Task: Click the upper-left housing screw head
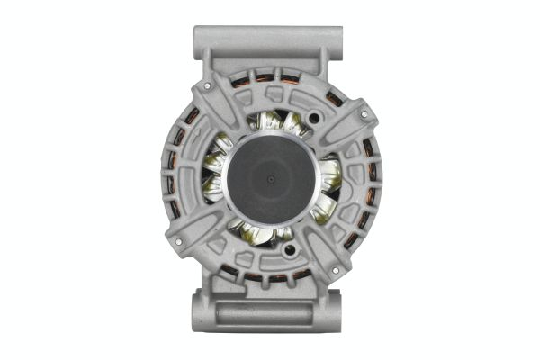[x=208, y=87]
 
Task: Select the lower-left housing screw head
[x=176, y=242]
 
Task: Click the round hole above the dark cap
[x=313, y=118]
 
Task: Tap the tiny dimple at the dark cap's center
[x=270, y=178]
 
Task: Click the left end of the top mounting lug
[x=199, y=40]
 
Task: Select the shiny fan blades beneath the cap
[x=261, y=236]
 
